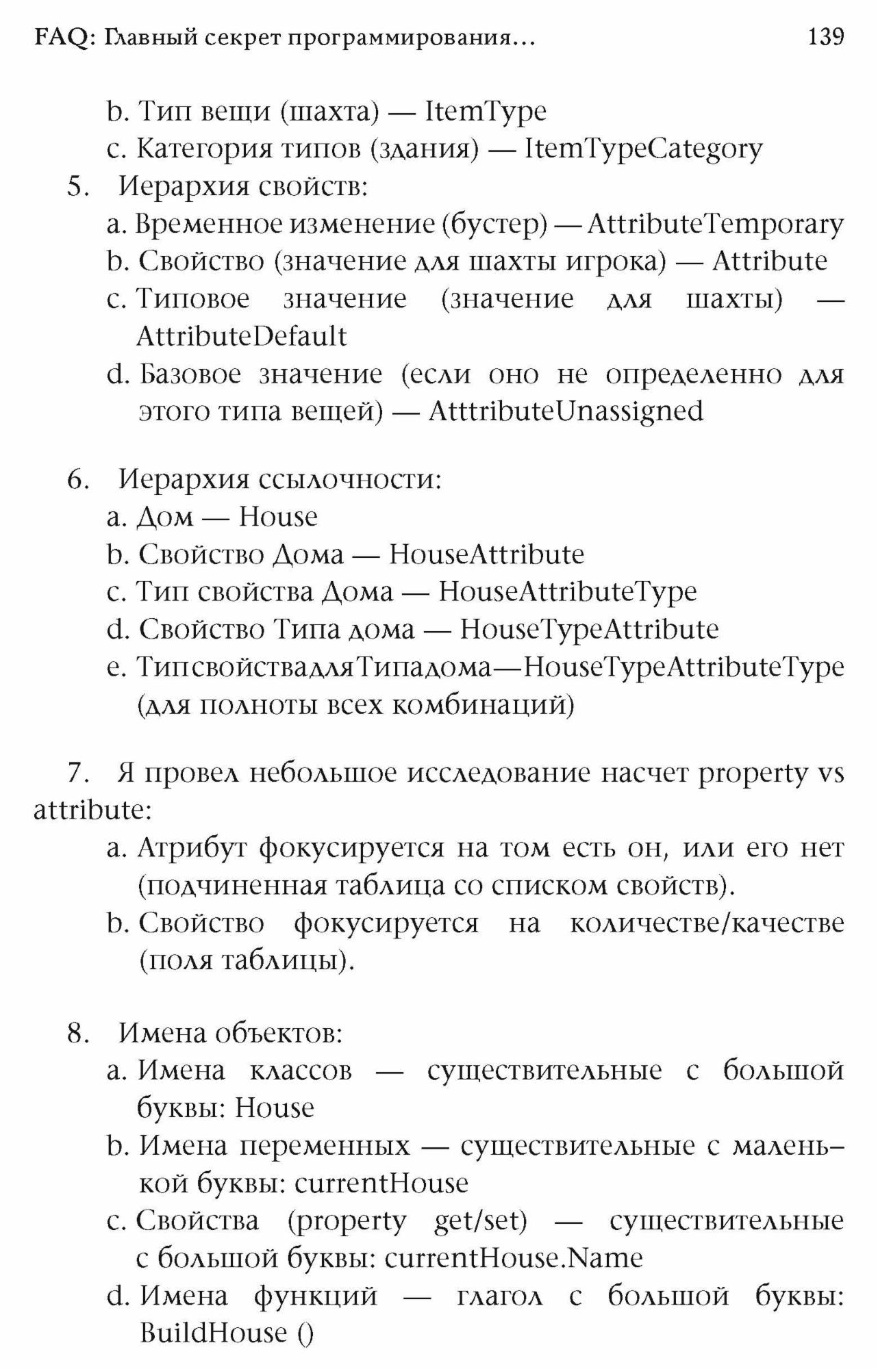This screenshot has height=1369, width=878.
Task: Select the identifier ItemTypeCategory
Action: click(643, 149)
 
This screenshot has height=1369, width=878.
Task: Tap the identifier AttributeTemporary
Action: click(716, 224)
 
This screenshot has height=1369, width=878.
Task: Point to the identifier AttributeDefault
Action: click(242, 336)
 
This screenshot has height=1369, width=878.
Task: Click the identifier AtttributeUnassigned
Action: click(566, 411)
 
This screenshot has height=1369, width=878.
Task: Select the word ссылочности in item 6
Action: click(349, 479)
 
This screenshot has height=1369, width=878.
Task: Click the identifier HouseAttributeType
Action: click(568, 591)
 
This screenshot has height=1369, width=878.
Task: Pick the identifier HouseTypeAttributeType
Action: click(683, 667)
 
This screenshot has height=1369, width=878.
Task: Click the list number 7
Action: click(78, 773)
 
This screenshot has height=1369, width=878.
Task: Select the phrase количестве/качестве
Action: click(707, 923)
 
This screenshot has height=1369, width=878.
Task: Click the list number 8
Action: click(78, 1033)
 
